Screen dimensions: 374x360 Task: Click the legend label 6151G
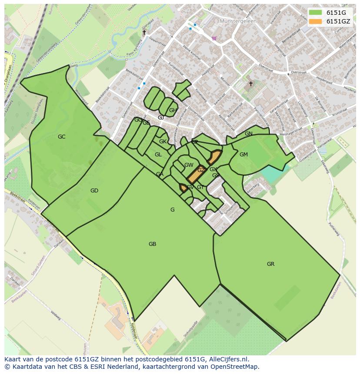tap(336, 13)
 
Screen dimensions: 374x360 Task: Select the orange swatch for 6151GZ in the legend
tap(316, 21)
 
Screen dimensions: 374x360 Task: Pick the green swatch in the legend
tap(316, 13)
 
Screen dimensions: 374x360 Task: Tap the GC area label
tap(62, 137)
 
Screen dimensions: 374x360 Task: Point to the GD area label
tap(94, 191)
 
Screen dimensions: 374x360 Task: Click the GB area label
tap(152, 244)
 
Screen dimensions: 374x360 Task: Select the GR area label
tap(270, 264)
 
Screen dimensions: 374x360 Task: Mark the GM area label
tap(243, 155)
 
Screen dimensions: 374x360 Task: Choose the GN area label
tap(249, 134)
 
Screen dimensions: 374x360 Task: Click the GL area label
tap(158, 155)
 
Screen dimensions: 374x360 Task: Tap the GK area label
tap(163, 142)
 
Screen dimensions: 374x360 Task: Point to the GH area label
tap(173, 110)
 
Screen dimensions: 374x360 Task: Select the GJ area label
tap(161, 118)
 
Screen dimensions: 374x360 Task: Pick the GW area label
tap(189, 165)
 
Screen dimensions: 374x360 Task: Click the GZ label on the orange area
tap(201, 170)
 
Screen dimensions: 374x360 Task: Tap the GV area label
tap(190, 188)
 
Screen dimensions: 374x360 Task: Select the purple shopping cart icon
tap(214, 38)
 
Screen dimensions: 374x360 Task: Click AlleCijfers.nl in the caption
tap(228, 360)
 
